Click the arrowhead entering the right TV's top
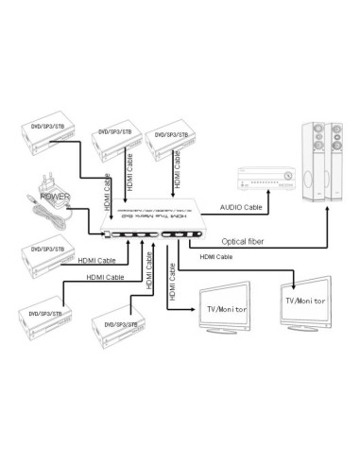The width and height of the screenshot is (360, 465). [296, 283]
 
